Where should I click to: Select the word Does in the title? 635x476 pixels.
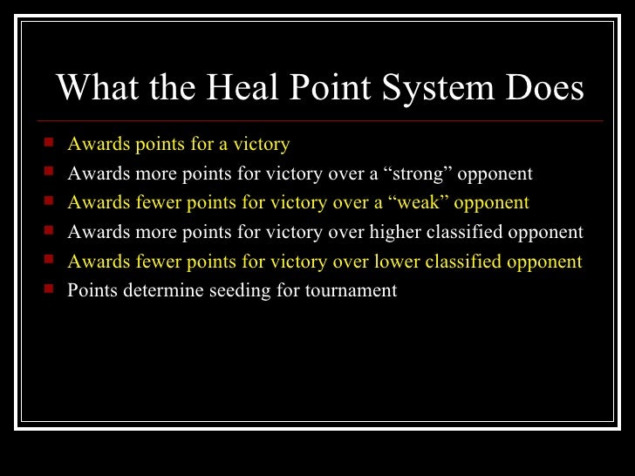(544, 88)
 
